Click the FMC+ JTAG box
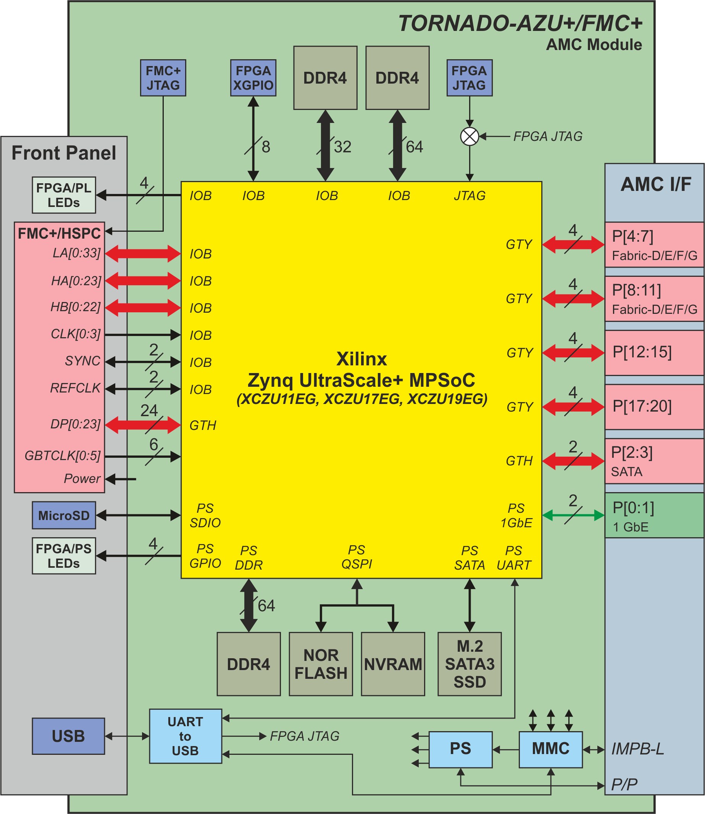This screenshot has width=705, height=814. [x=163, y=78]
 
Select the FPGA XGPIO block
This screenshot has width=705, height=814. [x=253, y=78]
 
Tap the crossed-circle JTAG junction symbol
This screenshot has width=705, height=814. [x=469, y=137]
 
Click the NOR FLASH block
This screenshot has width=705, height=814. [x=321, y=664]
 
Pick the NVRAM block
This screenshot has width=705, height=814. [x=393, y=664]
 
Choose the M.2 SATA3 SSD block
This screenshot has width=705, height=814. [x=469, y=664]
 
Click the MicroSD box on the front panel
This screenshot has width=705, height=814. [x=64, y=515]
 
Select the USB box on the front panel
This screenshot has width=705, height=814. [x=68, y=736]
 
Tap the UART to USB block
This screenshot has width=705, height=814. [x=185, y=736]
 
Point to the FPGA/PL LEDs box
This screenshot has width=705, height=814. [x=64, y=195]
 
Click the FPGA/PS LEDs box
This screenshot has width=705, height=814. [x=64, y=556]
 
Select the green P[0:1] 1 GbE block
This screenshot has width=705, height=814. [x=654, y=515]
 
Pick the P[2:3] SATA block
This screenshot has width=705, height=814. [x=654, y=461]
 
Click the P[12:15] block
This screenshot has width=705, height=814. [x=654, y=352]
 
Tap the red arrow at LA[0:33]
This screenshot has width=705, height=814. [x=143, y=254]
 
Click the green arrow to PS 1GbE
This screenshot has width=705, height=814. [x=573, y=515]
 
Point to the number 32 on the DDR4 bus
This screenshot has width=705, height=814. [x=342, y=147]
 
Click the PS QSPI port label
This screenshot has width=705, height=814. [x=357, y=557]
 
